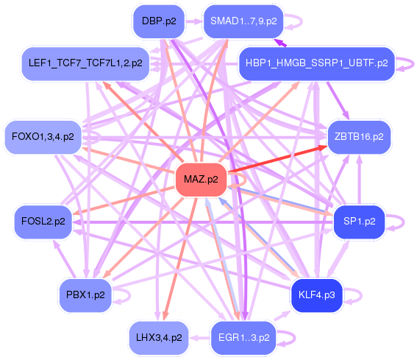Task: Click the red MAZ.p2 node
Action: tap(201, 180)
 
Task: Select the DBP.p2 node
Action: tap(159, 21)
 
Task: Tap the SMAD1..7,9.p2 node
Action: tap(243, 21)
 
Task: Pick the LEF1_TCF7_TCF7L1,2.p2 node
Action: tap(85, 63)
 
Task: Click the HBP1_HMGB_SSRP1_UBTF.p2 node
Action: tap(316, 63)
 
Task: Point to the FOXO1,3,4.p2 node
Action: tap(43, 137)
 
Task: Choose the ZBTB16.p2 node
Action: tap(359, 137)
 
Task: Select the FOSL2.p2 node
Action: tap(43, 222)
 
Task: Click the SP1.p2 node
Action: tap(360, 222)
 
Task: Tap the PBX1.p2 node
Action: tap(85, 295)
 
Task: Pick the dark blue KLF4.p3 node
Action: tap(316, 295)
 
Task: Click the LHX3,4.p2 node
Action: tap(159, 338)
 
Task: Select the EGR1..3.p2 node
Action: tap(243, 338)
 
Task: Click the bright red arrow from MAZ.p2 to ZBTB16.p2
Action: tap(277, 159)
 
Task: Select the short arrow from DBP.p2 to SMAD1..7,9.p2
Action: tap(194, 21)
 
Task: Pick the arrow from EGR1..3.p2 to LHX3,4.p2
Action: tap(200, 338)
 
